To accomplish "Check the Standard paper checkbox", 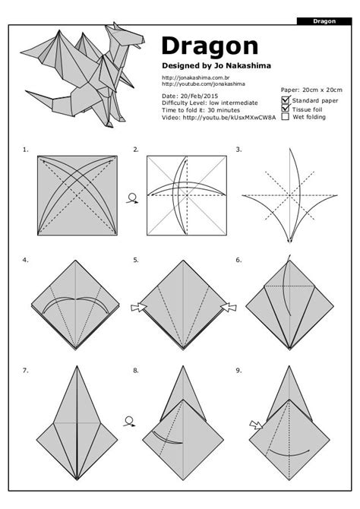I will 285,100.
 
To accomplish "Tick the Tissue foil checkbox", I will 285,109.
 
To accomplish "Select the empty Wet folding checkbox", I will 285,117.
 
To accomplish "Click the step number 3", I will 238,150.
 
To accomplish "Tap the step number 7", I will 25,370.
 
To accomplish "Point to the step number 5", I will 135,260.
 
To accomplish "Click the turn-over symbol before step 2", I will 134,199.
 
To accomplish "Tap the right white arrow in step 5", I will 225,308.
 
